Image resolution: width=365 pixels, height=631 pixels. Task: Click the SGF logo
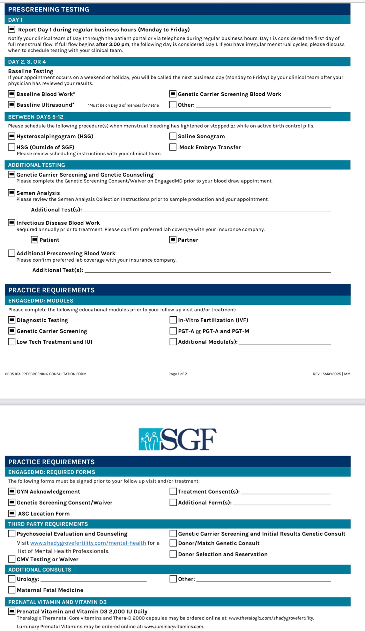[x=177, y=439]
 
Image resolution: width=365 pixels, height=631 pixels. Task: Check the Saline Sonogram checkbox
[x=173, y=136]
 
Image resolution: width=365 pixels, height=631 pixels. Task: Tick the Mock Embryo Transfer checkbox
[x=173, y=147]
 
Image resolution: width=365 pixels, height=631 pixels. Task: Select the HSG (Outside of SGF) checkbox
[x=11, y=147]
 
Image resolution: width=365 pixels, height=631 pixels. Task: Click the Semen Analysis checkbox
[x=11, y=193]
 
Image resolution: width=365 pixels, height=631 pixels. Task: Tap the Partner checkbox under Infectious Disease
[x=173, y=240]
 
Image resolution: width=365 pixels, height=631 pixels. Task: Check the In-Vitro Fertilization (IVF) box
[x=173, y=320]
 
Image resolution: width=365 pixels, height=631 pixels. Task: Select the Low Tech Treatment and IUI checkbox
[x=12, y=342]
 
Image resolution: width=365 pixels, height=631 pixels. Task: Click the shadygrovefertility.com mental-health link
[x=88, y=543]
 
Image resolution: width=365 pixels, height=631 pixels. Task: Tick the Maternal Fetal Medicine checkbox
[x=12, y=590]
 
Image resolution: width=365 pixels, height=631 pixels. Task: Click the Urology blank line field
[x=93, y=579]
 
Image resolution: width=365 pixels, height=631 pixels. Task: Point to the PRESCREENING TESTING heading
[x=49, y=9]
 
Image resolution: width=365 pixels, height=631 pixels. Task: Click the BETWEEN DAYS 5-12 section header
[x=36, y=117]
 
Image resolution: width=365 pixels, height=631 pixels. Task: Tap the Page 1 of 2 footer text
[x=178, y=374]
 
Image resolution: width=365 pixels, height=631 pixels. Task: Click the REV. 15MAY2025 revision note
[x=331, y=374]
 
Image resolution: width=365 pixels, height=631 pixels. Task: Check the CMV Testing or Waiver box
[x=12, y=559]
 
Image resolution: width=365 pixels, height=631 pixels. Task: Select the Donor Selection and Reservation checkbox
[x=173, y=554]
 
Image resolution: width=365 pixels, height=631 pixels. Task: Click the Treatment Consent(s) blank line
[x=286, y=492]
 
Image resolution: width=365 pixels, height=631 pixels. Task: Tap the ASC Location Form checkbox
[x=12, y=513]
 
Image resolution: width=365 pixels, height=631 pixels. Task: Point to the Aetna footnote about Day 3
[x=123, y=105]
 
